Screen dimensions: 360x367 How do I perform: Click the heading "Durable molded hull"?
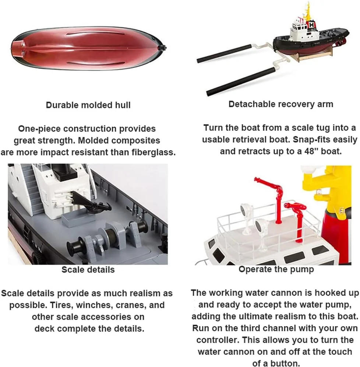pos(88,105)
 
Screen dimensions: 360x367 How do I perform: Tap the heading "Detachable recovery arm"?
pos(281,104)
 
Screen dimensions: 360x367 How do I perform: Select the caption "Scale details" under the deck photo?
pos(88,270)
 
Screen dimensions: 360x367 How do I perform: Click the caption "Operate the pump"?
pos(276,269)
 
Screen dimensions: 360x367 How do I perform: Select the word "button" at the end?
pos(284,363)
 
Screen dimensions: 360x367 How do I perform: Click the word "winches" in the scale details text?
pos(95,305)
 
